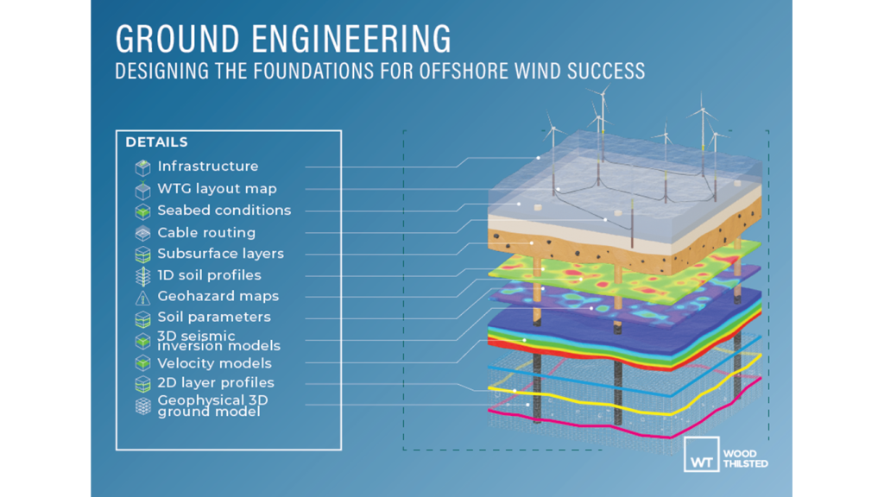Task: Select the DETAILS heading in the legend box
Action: [x=156, y=142]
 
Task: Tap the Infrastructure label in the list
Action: [x=207, y=167]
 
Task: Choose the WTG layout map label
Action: [x=217, y=188]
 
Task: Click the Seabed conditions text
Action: [x=224, y=211]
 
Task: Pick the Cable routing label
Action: [x=206, y=232]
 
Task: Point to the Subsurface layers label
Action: [x=220, y=254]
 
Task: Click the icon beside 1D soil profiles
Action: [x=142, y=275]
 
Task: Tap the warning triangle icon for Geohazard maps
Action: [x=142, y=297]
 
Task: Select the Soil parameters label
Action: [x=213, y=317]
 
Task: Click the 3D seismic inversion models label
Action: [x=218, y=341]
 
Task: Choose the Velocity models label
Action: [x=214, y=363]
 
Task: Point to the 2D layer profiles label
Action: [x=215, y=382]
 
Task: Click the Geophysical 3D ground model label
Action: [x=212, y=406]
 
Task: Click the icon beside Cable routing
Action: [x=142, y=233]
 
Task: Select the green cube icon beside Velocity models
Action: [x=142, y=363]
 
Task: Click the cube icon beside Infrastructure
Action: [x=142, y=167]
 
